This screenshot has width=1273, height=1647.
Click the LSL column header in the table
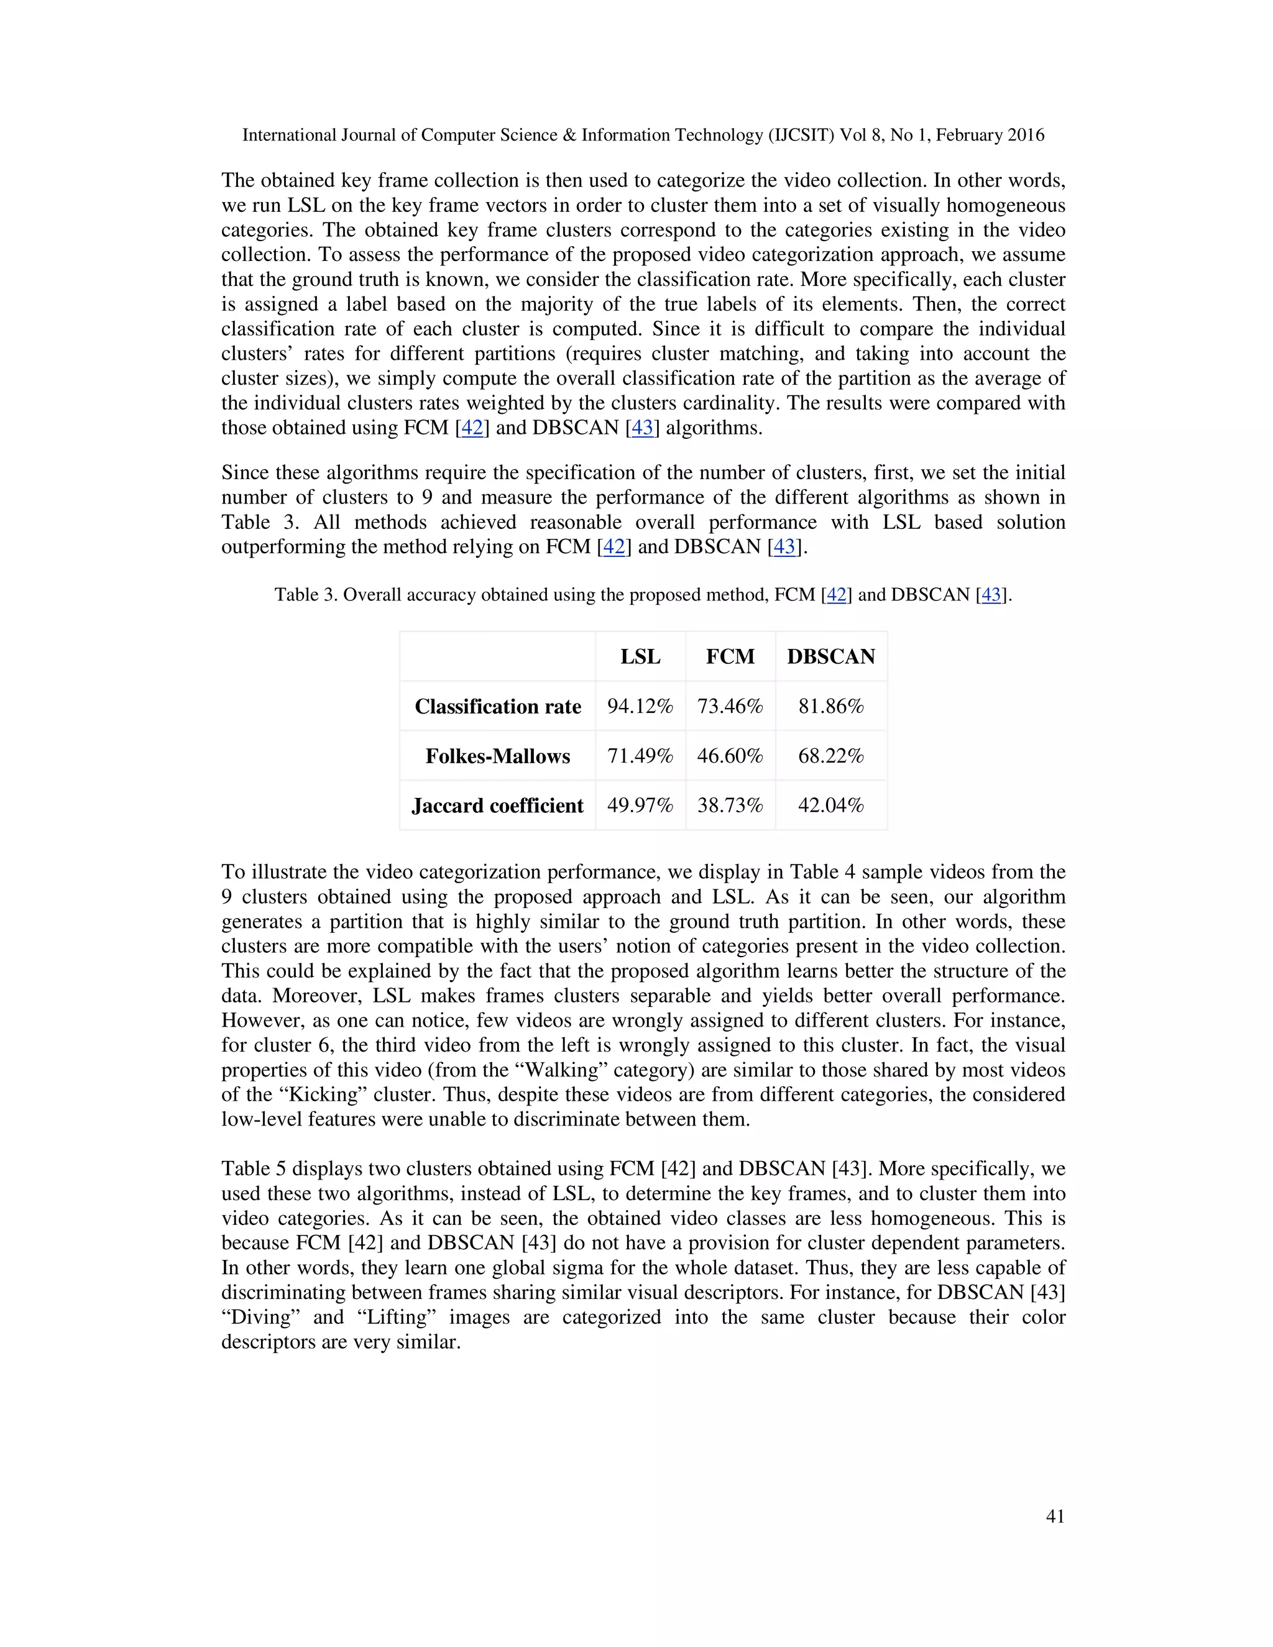pyautogui.click(x=640, y=656)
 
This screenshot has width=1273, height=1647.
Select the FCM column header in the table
pyautogui.click(x=730, y=656)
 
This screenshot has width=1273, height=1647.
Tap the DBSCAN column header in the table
pyautogui.click(x=831, y=656)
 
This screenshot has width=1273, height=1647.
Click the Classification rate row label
pyautogui.click(x=498, y=707)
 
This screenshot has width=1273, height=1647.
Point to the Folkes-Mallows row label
pyautogui.click(x=498, y=756)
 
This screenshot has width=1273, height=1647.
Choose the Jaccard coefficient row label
pyautogui.click(x=498, y=805)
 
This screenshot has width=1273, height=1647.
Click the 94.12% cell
pyautogui.click(x=640, y=707)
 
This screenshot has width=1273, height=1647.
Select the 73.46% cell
pyautogui.click(x=730, y=707)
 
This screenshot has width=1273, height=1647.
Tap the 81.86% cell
pyautogui.click(x=831, y=707)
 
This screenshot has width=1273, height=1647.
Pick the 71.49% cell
pyautogui.click(x=640, y=756)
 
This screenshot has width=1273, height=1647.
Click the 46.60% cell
pyautogui.click(x=730, y=756)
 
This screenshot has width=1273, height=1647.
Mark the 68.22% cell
pyautogui.click(x=831, y=756)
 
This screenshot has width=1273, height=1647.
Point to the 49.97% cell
pyautogui.click(x=640, y=805)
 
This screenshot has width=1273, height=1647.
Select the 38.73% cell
pyautogui.click(x=730, y=805)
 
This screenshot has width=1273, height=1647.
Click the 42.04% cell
pyautogui.click(x=831, y=805)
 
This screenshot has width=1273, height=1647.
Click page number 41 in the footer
pyautogui.click(x=1055, y=1516)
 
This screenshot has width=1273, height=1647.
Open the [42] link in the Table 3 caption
pyautogui.click(x=837, y=595)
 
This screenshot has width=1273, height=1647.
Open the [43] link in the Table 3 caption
pyautogui.click(x=991, y=595)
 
